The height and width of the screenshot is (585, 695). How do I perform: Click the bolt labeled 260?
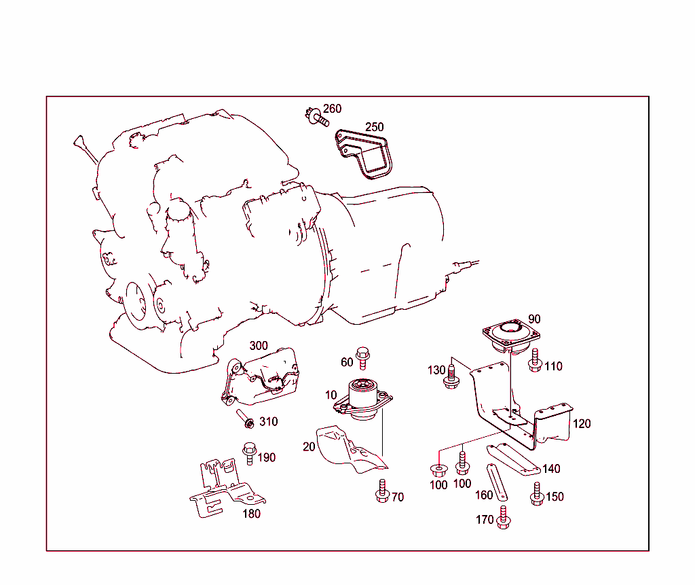click(x=316, y=118)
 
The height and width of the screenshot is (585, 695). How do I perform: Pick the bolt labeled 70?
click(x=381, y=492)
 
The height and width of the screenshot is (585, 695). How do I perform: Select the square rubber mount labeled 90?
click(x=512, y=335)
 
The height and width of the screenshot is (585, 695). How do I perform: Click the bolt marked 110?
click(x=535, y=359)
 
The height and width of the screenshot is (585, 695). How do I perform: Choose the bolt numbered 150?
click(x=536, y=494)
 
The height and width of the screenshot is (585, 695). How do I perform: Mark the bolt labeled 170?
click(x=502, y=518)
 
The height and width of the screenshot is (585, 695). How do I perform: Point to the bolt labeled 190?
click(x=248, y=453)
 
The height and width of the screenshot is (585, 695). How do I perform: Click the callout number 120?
click(x=582, y=424)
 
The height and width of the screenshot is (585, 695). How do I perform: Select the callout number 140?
click(x=551, y=469)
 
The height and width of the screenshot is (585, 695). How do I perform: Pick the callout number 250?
click(x=374, y=127)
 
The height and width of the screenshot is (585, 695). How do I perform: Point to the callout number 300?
click(x=259, y=346)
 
